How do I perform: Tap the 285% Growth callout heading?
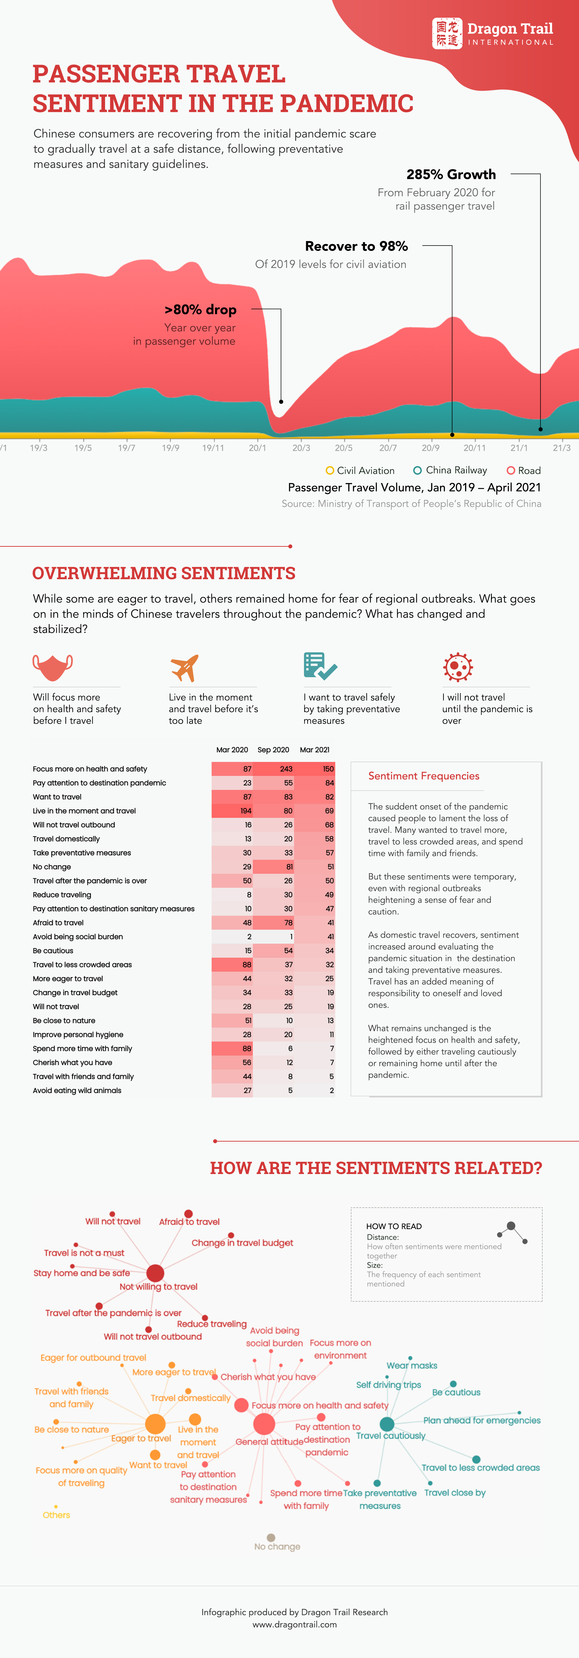coord(451,174)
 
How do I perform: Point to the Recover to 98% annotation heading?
coord(356,246)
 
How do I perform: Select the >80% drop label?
coord(200,310)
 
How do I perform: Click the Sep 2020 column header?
coord(273,750)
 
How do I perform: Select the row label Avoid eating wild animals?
coord(77,1090)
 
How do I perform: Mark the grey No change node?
coord(271,1538)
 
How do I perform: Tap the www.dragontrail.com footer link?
coord(294,1625)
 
